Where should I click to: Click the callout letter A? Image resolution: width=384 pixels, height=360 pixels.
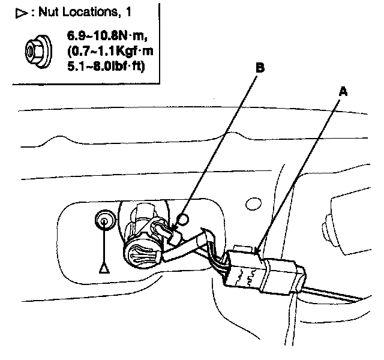(343, 92)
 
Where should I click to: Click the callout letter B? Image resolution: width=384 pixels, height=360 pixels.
(260, 68)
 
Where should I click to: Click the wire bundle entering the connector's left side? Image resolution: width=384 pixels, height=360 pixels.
(217, 264)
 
